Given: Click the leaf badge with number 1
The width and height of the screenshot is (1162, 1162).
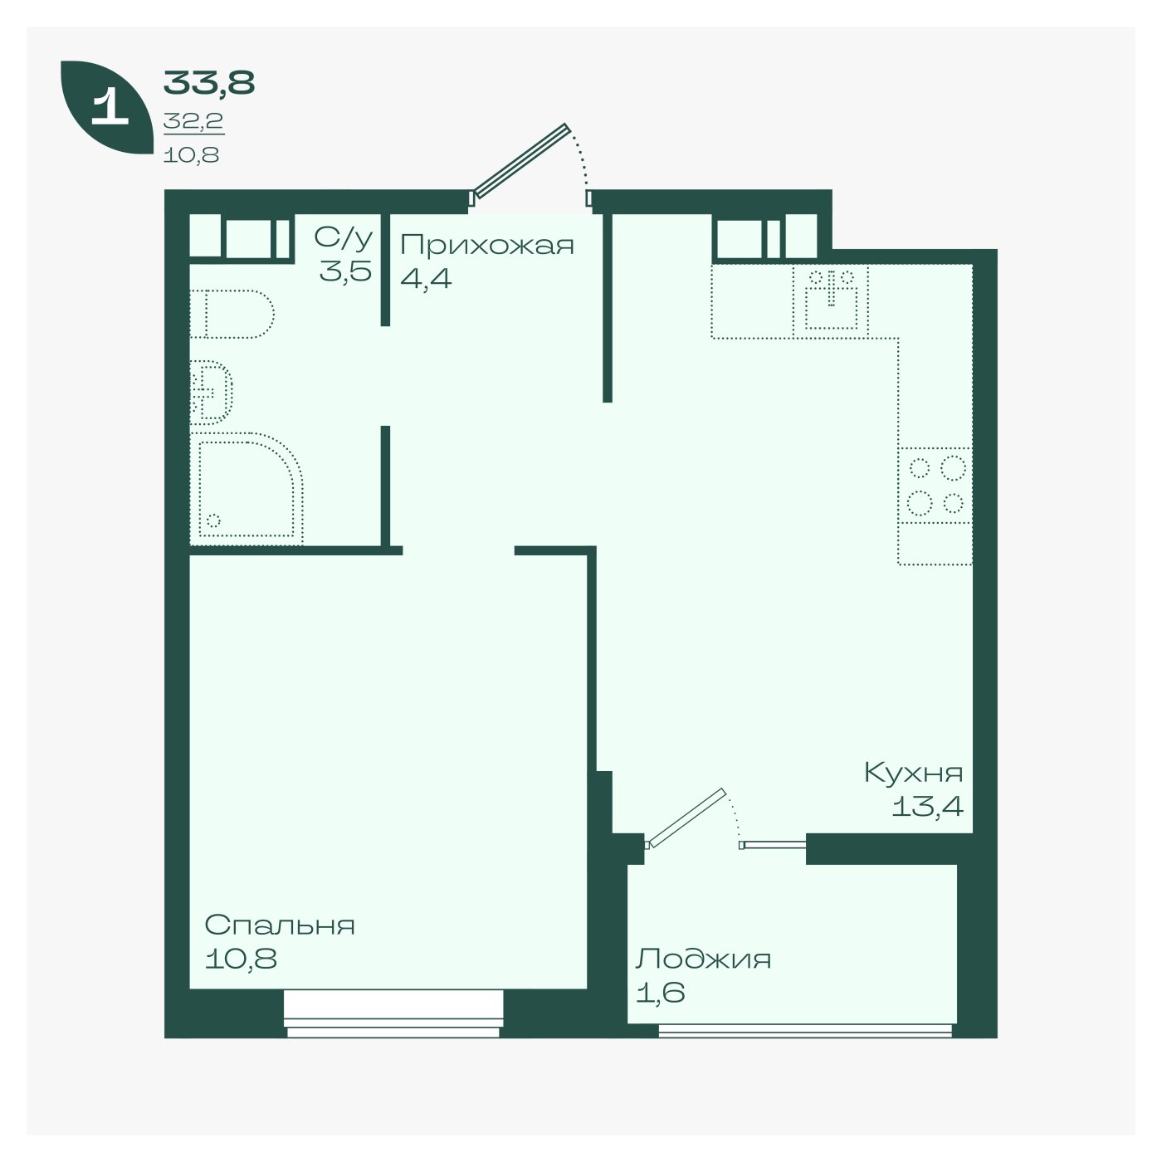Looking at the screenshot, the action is (106, 107).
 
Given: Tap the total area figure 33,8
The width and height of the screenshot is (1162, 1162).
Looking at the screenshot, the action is (209, 83).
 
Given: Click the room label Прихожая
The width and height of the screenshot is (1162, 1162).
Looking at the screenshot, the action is (487, 246).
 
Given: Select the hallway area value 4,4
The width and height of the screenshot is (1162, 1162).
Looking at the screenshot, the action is (426, 279).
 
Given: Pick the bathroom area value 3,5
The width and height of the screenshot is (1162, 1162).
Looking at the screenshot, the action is (345, 271).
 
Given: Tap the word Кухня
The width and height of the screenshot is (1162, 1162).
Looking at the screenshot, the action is (914, 773).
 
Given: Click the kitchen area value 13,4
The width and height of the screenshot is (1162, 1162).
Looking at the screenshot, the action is (927, 806).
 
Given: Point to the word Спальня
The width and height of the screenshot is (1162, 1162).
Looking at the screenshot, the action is (280, 925).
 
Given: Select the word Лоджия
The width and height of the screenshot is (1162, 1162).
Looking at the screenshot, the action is (703, 959).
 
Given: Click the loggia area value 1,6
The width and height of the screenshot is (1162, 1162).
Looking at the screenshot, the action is (661, 993).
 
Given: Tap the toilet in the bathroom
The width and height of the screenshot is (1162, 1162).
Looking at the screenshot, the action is (232, 315).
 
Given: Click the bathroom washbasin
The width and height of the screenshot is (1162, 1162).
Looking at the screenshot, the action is (211, 393).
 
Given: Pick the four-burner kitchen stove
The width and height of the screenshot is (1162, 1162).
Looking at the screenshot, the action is (935, 486).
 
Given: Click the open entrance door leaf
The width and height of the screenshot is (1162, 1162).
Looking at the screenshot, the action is (522, 160).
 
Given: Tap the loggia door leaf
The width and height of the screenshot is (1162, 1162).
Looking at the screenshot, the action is (686, 817).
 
